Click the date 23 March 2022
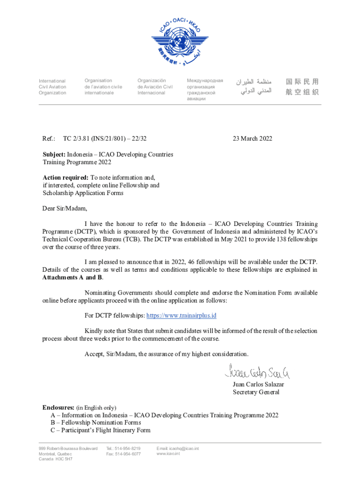click(x=252, y=138)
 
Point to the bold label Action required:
click(x=65, y=177)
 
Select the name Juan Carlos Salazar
click(x=258, y=385)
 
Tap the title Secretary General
click(x=256, y=392)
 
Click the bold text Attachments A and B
click(x=72, y=277)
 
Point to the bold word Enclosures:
click(x=58, y=407)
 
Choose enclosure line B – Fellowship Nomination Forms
click(x=96, y=422)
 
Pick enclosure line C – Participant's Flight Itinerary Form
click(x=101, y=430)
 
